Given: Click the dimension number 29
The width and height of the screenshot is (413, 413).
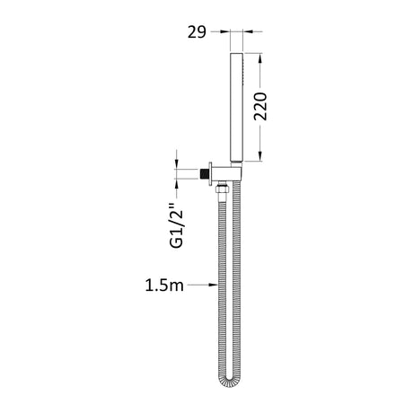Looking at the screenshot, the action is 197,32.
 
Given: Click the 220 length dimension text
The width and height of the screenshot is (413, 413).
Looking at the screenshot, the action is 260,107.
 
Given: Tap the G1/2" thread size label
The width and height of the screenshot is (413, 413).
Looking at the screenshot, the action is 176,225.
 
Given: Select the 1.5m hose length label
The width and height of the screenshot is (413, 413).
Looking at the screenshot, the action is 164,286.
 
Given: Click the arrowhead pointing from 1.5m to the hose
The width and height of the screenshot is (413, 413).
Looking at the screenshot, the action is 214,285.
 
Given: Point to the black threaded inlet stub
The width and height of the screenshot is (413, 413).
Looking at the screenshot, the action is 205,174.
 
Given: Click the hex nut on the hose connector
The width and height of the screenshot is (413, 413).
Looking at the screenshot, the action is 222,189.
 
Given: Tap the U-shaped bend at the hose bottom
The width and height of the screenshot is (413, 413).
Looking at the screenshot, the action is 229,381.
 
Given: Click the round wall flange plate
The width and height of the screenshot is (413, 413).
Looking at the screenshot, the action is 210,174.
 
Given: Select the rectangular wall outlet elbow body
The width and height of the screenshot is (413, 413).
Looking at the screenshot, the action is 226,174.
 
